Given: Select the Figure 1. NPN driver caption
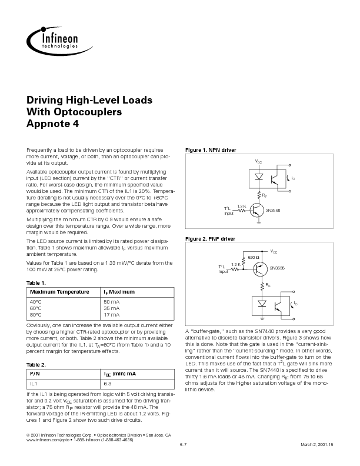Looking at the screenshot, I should coord(211,151).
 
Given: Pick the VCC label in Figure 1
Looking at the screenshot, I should coord(259,161).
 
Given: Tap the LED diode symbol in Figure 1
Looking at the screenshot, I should coord(258,175).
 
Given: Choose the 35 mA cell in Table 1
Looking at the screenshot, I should coord(111,308).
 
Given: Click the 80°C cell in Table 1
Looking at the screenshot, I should coord(36,315).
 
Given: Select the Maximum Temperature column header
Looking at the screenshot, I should coord(60,292).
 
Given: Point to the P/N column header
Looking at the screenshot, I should coord(35,373).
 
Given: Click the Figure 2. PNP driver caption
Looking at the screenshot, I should coord(210,239).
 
